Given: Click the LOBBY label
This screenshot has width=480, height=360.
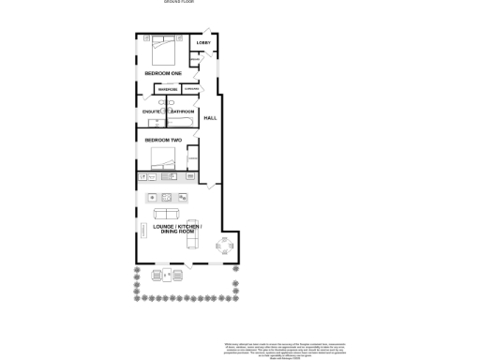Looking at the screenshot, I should point(203,43).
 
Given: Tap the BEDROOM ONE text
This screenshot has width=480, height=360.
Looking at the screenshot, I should point(162,72).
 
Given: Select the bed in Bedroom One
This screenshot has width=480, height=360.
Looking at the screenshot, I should point(161,46).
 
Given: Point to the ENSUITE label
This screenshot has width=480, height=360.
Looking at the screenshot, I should point(152,112).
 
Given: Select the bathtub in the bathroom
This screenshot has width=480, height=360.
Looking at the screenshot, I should point(181,121).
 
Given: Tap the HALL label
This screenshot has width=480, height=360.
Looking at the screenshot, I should point(210,117).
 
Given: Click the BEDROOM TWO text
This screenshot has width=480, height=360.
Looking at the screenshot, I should point(162,140).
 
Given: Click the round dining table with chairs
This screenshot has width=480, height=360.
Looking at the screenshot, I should point(226,247).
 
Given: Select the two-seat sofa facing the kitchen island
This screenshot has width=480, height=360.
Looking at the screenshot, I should point(165,215).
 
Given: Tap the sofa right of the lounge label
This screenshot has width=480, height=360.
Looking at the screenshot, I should point(191,239).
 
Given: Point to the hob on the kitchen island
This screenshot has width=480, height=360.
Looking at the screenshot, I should point(167,197).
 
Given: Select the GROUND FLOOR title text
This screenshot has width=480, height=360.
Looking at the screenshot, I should point(178,3).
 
